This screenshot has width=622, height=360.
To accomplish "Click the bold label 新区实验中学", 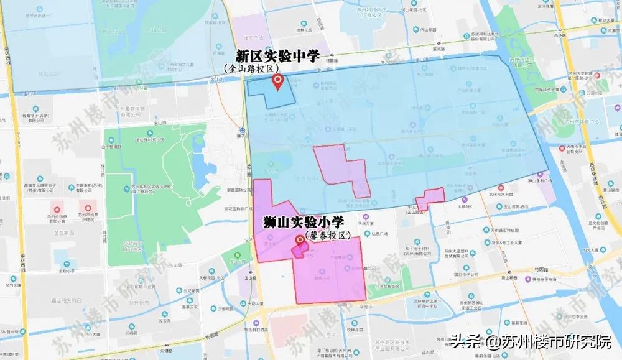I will [x=277, y=56].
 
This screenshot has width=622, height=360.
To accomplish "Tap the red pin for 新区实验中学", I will [x=279, y=81].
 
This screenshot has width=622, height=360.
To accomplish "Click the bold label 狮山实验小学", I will [x=304, y=221].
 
